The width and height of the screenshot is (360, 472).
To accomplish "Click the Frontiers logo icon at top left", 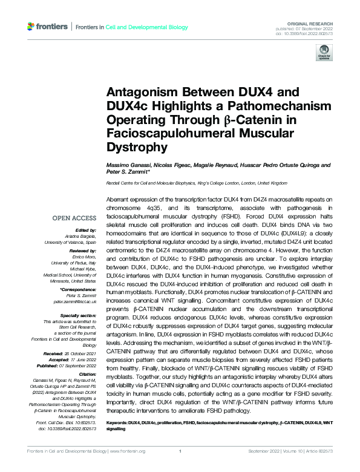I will click(x=31, y=27).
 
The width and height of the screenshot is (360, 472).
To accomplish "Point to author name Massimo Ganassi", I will click(x=126, y=165).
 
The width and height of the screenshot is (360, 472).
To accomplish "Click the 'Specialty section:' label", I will click(x=79, y=315).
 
